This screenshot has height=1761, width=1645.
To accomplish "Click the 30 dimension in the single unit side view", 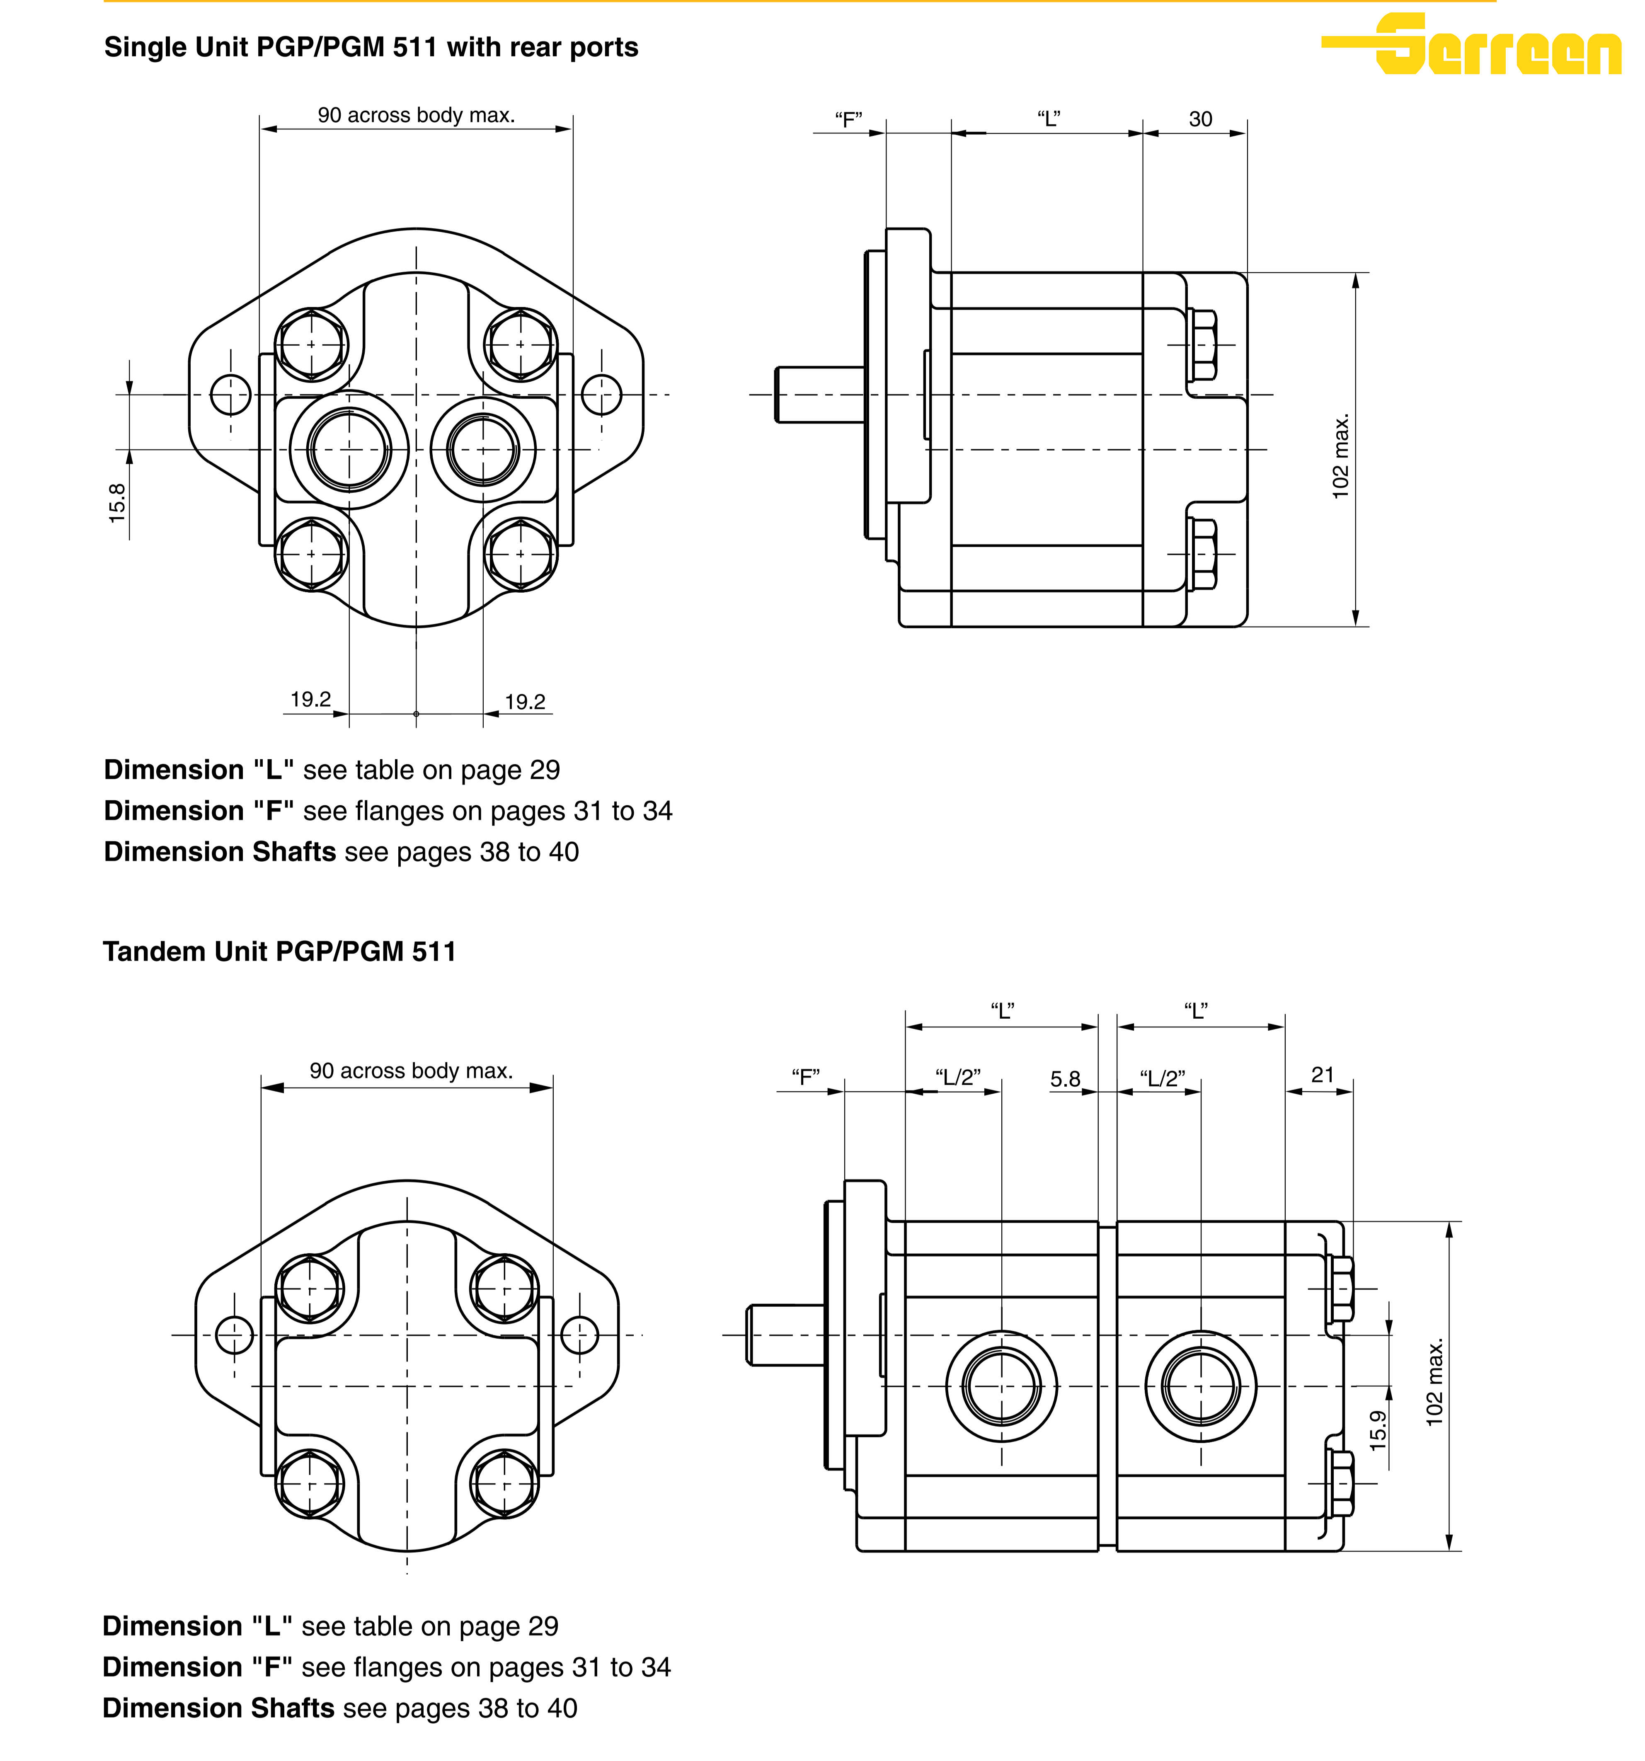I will (1200, 119).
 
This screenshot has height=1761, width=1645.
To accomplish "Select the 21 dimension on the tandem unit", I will (1322, 1075).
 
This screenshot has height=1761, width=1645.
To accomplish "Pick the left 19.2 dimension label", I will (311, 699).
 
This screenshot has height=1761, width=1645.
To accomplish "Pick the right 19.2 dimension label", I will (525, 702).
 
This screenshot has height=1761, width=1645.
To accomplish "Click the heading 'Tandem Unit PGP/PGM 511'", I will (279, 951).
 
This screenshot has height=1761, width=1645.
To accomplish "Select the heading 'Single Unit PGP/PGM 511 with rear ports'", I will (371, 47).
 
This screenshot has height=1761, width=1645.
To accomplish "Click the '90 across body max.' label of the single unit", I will (417, 115).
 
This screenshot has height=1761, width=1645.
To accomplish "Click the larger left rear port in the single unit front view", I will (349, 450).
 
